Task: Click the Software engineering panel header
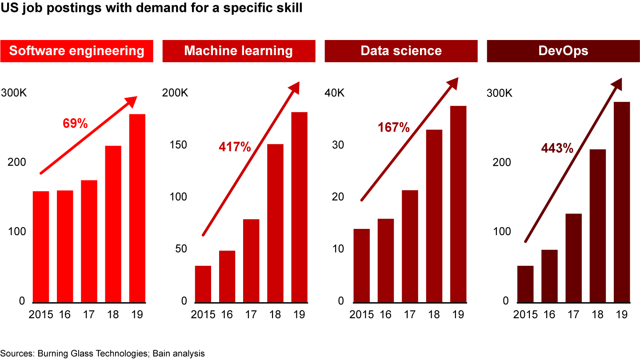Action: point(76,51)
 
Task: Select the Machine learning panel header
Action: point(239,51)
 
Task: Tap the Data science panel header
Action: point(401,51)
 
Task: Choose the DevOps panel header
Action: point(563,51)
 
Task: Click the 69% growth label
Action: point(75,123)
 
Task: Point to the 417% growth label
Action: point(235,147)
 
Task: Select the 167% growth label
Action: point(393,128)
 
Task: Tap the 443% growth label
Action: point(557,148)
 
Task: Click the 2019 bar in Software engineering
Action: point(137,208)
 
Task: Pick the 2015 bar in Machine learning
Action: point(203,284)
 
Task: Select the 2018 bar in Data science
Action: point(434,216)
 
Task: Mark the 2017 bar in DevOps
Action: point(574,258)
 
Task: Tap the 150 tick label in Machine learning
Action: point(179,145)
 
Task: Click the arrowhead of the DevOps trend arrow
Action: point(616,83)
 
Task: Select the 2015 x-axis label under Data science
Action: point(362,315)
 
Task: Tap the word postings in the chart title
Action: point(71,8)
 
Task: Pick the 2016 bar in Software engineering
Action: point(65,246)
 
